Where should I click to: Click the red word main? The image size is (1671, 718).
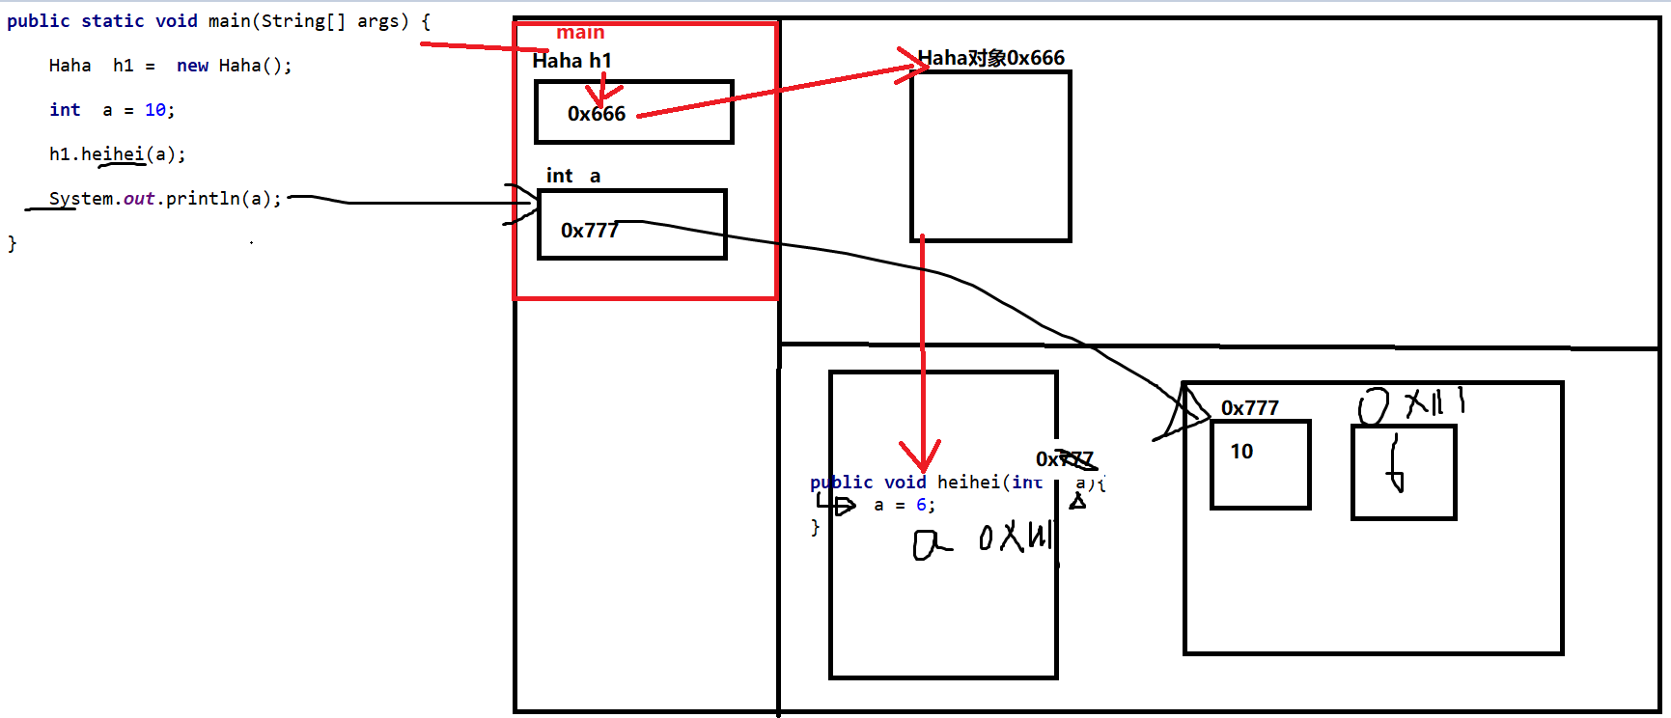pyautogui.click(x=580, y=33)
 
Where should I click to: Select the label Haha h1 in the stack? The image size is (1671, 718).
pyautogui.click(x=571, y=61)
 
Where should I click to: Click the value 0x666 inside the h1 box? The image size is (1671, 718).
pyautogui.click(x=597, y=114)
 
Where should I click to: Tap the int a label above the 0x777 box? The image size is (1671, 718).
pyautogui.click(x=573, y=176)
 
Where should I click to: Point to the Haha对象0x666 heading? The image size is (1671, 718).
pyautogui.click(x=990, y=58)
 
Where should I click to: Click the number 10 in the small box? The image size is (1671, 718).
pyautogui.click(x=1241, y=452)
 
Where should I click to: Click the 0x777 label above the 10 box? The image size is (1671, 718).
pyautogui.click(x=1249, y=408)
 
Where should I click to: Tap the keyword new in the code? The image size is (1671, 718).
pyautogui.click(x=192, y=66)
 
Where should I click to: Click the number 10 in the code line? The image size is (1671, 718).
pyautogui.click(x=154, y=110)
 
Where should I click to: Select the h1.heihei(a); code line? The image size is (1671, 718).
pyautogui.click(x=117, y=154)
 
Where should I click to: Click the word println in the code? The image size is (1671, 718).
pyautogui.click(x=203, y=199)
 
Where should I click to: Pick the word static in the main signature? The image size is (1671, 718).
pyautogui.click(x=112, y=21)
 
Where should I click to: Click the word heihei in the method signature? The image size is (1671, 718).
pyautogui.click(x=968, y=483)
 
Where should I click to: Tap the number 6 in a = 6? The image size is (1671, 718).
pyautogui.click(x=921, y=505)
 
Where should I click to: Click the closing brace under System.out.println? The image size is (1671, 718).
pyautogui.click(x=13, y=243)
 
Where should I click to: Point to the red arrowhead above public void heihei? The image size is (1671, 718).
pyautogui.click(x=922, y=456)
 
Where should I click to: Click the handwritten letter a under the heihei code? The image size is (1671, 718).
pyautogui.click(x=928, y=546)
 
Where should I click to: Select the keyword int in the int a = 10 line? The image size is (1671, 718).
pyautogui.click(x=65, y=110)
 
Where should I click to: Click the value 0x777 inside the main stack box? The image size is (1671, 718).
pyautogui.click(x=589, y=231)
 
